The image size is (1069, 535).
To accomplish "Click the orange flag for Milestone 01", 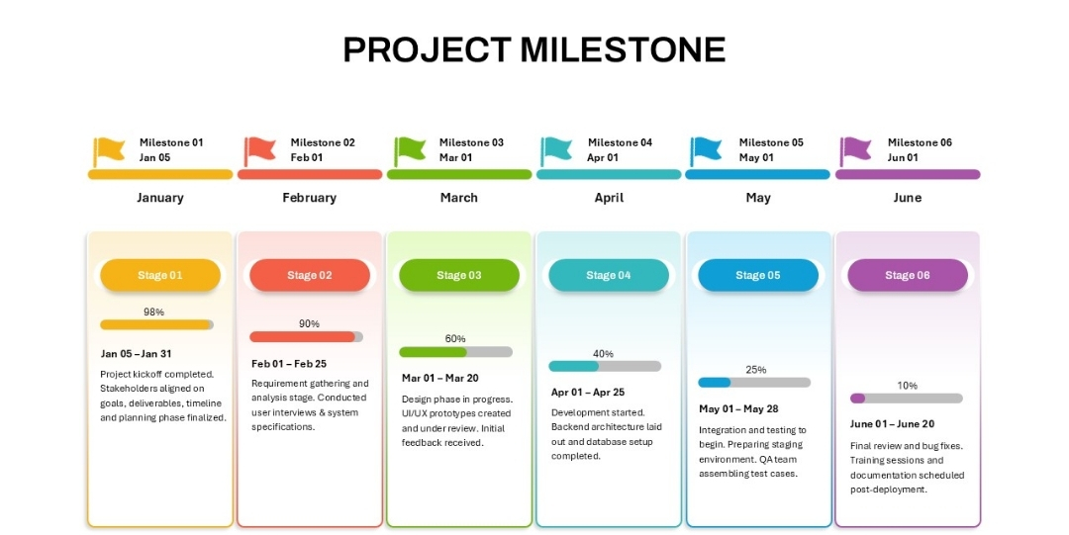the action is click(x=109, y=151).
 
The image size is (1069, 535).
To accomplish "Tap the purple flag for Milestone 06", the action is click(x=855, y=151).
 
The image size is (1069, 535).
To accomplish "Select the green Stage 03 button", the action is click(x=459, y=275).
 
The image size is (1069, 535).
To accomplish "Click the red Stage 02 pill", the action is click(x=310, y=275).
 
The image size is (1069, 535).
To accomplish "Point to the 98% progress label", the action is click(x=154, y=312).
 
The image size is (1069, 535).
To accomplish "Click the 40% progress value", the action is click(x=604, y=354).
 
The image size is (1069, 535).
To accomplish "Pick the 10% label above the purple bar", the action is click(x=908, y=386).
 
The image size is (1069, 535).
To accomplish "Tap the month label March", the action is click(x=459, y=198).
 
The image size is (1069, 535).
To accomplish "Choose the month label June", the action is click(x=908, y=198).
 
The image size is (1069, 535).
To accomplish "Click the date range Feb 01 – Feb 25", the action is click(x=289, y=364).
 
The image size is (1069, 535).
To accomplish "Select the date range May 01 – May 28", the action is click(x=738, y=409).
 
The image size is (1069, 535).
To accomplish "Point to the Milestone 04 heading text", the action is click(x=621, y=142).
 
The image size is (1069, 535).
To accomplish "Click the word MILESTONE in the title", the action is click(x=624, y=49).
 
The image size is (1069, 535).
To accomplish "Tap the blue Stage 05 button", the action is click(x=758, y=275).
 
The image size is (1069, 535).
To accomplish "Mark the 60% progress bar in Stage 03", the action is click(x=455, y=352).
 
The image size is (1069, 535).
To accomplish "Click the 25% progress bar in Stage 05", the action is click(x=754, y=383).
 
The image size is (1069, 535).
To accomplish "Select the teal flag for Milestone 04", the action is click(x=557, y=151).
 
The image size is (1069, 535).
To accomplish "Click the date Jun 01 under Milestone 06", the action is click(x=903, y=157).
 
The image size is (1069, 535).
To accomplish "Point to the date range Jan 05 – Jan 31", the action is click(x=136, y=354).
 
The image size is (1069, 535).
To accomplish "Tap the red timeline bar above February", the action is click(x=310, y=174).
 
